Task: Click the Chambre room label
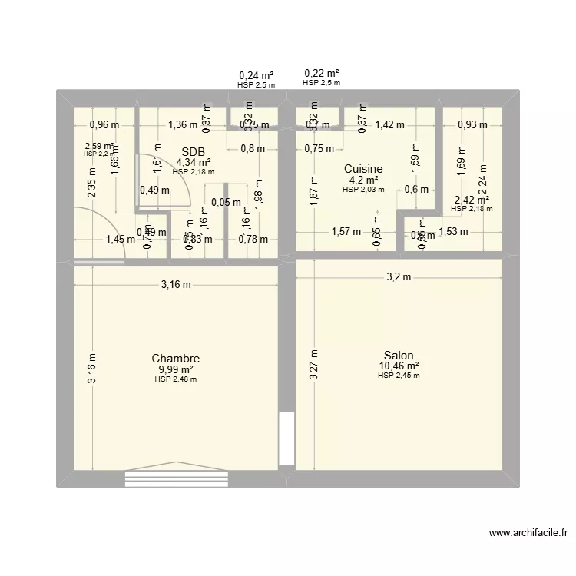(176, 359)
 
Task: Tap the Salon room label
(399, 355)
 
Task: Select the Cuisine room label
(363, 169)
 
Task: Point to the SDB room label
(194, 152)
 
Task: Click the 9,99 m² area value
(176, 369)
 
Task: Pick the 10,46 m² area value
(399, 366)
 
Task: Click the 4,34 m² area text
(194, 162)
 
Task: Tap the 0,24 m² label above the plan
(257, 75)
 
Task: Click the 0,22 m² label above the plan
(322, 73)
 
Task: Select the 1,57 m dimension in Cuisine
(346, 233)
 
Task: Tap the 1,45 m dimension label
(120, 240)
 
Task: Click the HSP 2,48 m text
(176, 379)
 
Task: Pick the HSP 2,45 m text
(399, 375)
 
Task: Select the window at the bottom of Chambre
(177, 478)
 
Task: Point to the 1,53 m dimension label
(453, 233)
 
